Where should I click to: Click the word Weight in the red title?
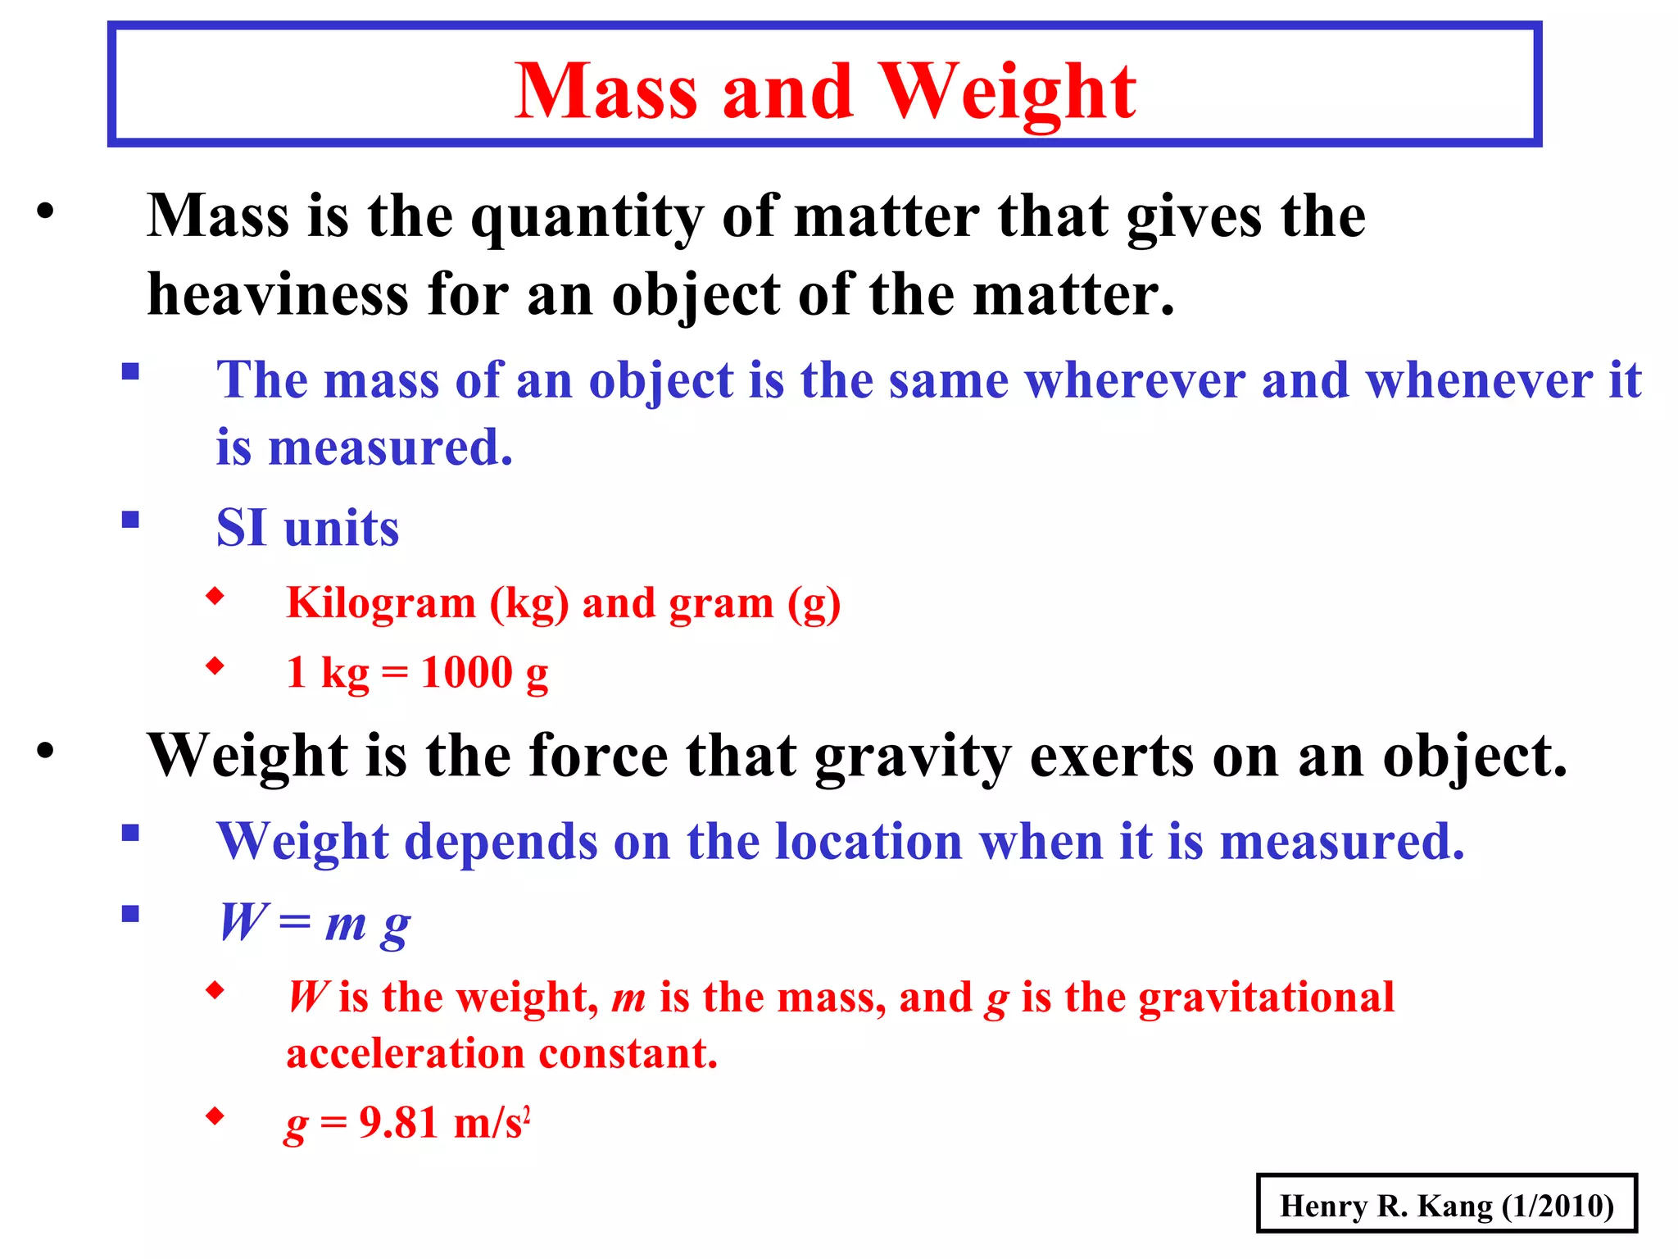coord(1007,92)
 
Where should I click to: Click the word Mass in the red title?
coord(606,92)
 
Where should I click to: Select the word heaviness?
coord(278,294)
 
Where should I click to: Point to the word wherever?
coord(1135,380)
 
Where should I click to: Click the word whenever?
coord(1479,380)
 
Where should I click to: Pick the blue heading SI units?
coord(307,527)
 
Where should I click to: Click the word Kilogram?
coord(381,603)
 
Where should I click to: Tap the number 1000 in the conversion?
coord(467,672)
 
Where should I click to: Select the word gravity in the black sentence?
coord(913,756)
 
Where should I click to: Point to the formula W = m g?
coord(315,924)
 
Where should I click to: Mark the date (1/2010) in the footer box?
coord(1558,1206)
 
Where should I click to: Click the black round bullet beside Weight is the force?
coord(45,751)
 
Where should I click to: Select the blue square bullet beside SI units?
coord(130,520)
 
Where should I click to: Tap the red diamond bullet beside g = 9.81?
coord(215,1116)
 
